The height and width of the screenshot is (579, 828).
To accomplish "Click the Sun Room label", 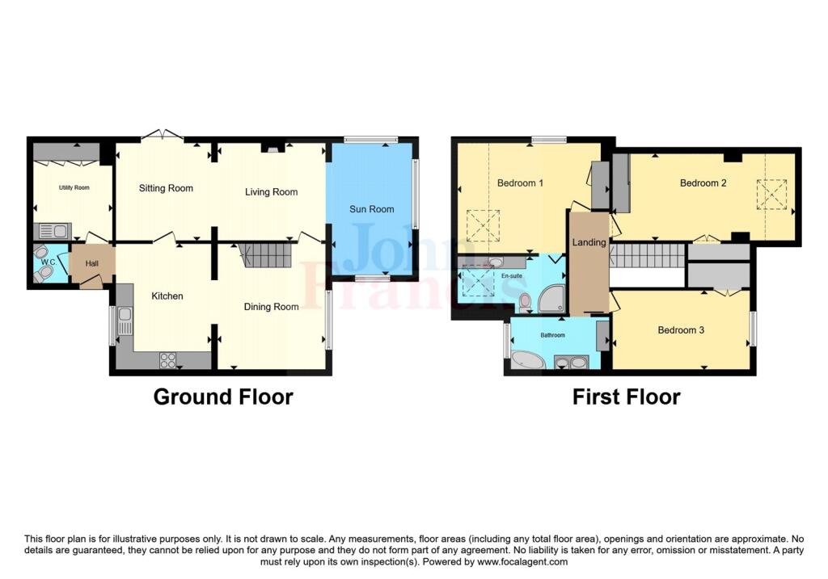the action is (371, 209).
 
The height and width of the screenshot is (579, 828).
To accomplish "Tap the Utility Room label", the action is (74, 187).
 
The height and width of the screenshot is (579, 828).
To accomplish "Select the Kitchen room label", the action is (167, 296).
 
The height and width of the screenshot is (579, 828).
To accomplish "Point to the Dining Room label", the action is (271, 307).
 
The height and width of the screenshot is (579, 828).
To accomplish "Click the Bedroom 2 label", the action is (703, 183).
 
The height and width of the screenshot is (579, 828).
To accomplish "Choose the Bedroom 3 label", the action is (681, 330).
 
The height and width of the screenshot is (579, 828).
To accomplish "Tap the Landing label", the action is (589, 242).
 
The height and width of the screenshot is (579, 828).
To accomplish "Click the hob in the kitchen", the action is (168, 361).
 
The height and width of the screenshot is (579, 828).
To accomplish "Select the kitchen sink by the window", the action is (125, 321).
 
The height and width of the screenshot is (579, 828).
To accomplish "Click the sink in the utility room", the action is (53, 231).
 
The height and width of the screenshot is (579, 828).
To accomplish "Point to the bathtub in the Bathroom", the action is (527, 360).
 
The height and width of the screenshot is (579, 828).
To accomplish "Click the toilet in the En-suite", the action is (525, 303).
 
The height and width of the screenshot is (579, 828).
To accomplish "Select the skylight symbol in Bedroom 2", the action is (771, 195).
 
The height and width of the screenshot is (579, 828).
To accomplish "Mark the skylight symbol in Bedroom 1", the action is (484, 225).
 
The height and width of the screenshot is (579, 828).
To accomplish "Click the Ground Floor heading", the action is (223, 396).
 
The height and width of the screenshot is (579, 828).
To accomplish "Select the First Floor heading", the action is (627, 396).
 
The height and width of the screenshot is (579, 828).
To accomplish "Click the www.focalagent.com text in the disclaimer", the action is (522, 562).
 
